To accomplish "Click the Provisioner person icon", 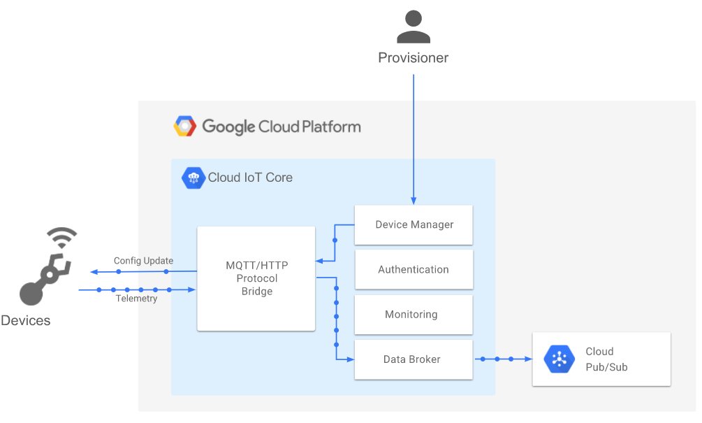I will click(x=413, y=28).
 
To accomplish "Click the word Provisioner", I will click(x=413, y=58).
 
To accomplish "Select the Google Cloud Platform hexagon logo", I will click(x=185, y=127).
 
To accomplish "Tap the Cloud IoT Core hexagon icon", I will click(x=193, y=178).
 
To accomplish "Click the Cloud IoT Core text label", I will click(x=250, y=178).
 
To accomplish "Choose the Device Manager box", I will click(x=414, y=224).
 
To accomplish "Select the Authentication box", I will click(x=414, y=269).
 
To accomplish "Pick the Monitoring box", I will click(x=414, y=314).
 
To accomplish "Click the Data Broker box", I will click(x=414, y=359).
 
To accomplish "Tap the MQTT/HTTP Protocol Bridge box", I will click(x=256, y=278).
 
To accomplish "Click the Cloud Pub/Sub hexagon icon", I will click(x=559, y=359).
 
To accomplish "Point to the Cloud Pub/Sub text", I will click(x=606, y=359).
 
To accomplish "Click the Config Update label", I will click(x=143, y=261).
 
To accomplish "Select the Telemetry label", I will click(x=136, y=299).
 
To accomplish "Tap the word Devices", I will click(x=25, y=321).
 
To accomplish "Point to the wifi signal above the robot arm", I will click(x=61, y=238).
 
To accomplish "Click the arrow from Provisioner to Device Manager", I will click(x=414, y=140).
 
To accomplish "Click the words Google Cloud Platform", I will click(x=281, y=127).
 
